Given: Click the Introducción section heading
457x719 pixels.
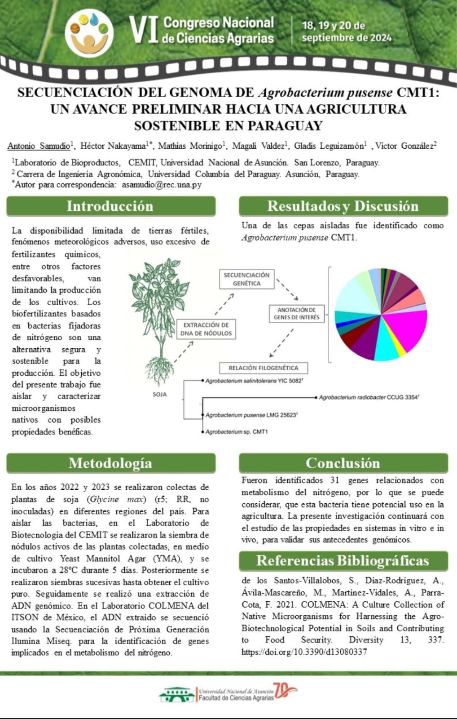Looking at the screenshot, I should point(110,206).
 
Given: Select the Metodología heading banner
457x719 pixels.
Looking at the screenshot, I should point(110,463).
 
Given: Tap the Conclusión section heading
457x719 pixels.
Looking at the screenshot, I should point(343,463).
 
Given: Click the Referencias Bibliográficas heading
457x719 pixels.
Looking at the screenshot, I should point(343,561).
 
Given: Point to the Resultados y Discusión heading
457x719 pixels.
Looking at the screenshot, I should point(343,206).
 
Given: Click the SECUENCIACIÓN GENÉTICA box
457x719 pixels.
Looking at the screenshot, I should point(246,279).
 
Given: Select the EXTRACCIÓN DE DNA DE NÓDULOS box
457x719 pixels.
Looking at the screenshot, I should point(206,329).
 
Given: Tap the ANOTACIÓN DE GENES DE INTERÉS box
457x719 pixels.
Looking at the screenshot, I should point(296,314).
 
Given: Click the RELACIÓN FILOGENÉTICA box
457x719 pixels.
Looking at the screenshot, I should point(264,368).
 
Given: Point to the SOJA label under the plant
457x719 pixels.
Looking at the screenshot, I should point(159,395).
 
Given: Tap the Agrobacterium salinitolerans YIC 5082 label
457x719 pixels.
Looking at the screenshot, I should point(254,381).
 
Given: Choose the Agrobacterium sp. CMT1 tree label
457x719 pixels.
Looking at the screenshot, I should point(237,432).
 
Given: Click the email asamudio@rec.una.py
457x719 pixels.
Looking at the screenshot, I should point(162,184).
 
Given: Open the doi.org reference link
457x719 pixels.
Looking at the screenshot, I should point(304,652).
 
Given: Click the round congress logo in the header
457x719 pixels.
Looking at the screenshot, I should point(89,33).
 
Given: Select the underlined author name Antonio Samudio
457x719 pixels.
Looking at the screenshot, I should point(39,146).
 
